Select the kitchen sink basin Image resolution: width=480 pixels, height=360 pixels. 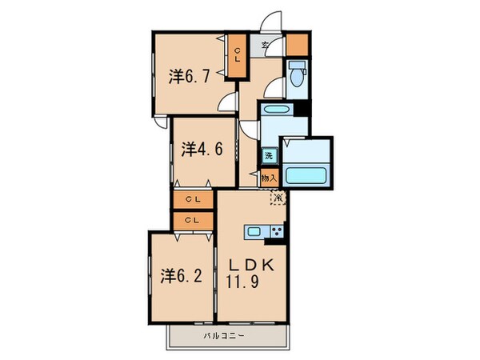[254, 232]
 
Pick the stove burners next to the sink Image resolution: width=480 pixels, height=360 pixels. [276, 232]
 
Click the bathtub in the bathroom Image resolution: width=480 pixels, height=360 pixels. [307, 174]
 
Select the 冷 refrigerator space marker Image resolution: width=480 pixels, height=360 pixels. [278, 196]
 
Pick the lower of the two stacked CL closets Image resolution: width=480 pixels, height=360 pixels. [193, 220]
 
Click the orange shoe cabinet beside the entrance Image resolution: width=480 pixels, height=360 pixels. [297, 43]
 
